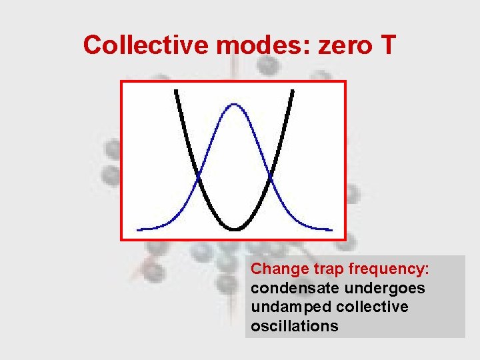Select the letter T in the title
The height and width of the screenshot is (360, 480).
pos(387,45)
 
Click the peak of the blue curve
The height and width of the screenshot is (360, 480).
pos(234,104)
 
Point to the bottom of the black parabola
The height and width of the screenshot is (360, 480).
pos(235,229)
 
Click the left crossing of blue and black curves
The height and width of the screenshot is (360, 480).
pos(199,177)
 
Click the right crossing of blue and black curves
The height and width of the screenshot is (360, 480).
pos(270,177)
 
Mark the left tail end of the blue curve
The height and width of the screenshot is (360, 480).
pos(139,229)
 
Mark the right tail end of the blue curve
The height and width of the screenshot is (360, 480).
pos(330,229)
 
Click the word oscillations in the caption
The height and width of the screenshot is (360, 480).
pos(295,326)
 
